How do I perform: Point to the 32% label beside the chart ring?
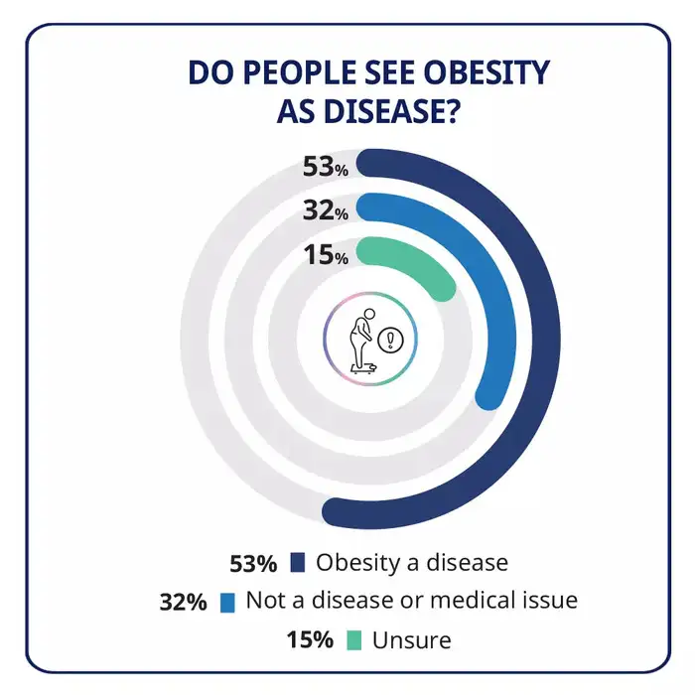pyautogui.click(x=326, y=210)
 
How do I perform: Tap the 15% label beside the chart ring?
pyautogui.click(x=326, y=256)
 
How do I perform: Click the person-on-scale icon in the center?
pyautogui.click(x=365, y=340)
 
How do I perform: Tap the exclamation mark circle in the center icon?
pyautogui.click(x=394, y=341)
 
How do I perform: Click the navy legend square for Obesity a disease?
pyautogui.click(x=298, y=563)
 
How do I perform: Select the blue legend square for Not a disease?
pyautogui.click(x=227, y=602)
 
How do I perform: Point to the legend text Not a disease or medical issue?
pyautogui.click(x=411, y=601)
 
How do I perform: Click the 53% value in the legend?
pyautogui.click(x=253, y=563)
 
